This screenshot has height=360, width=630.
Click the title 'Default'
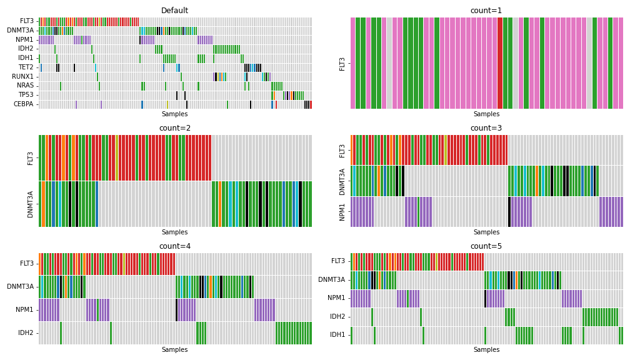coord(174,10)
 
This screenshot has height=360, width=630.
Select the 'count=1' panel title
coord(486,10)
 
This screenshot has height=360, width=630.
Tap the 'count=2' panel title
coord(174,128)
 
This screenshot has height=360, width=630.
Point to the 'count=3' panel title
coord(486,128)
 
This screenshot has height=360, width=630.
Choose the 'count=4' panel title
coord(174,246)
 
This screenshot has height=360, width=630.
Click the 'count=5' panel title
coord(486,246)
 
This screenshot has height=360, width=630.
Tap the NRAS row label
coord(26,86)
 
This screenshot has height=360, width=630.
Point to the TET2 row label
coord(27,67)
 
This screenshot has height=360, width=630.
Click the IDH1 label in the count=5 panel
coord(338,336)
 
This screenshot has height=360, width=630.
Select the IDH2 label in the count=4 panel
coord(26,333)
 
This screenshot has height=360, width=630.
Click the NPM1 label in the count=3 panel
coord(342,212)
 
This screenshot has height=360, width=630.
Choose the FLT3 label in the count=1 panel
coord(342,63)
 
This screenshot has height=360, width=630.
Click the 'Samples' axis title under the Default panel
coord(174,114)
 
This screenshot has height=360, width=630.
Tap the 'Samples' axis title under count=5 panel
coord(486,350)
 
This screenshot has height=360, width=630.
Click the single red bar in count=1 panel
coord(500,63)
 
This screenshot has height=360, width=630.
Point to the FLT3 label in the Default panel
coord(27,21)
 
